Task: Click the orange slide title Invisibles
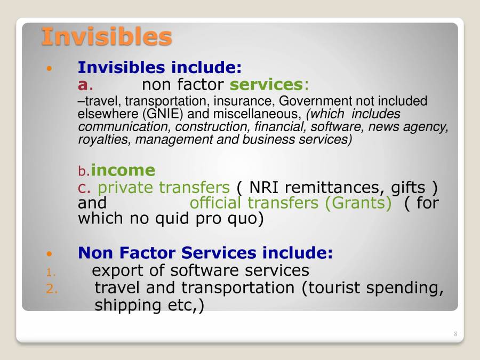(106, 36)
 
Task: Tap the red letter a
(83, 85)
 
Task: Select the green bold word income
(123, 170)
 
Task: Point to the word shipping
(126, 305)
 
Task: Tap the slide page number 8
(455, 334)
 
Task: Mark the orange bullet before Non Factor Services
(50, 253)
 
